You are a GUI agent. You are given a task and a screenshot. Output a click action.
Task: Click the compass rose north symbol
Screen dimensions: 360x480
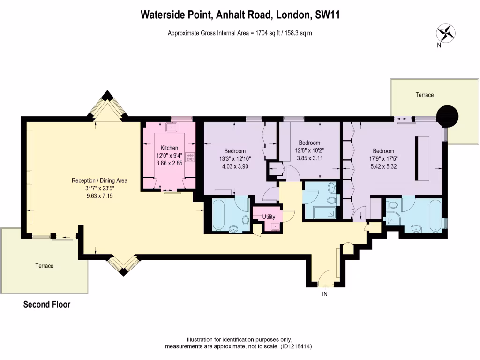pyautogui.click(x=446, y=34)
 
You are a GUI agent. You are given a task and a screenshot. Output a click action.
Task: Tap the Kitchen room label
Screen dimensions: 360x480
pyautogui.click(x=169, y=148)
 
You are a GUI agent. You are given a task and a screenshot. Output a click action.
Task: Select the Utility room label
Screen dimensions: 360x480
pyautogui.click(x=269, y=217)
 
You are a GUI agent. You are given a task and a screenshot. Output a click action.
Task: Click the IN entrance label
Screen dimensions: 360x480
pyautogui.click(x=324, y=294)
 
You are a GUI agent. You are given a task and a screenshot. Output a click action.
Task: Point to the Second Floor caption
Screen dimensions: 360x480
pyautogui.click(x=47, y=305)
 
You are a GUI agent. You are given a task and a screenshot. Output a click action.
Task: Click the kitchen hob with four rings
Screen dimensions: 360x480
pyautogui.click(x=191, y=157)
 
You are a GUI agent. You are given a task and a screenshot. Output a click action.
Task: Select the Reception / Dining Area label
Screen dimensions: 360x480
pyautogui.click(x=99, y=180)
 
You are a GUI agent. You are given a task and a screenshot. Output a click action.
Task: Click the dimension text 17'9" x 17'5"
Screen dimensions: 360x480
pyautogui.click(x=383, y=158)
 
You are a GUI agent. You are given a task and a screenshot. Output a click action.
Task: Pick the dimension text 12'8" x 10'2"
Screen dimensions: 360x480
pyautogui.click(x=309, y=150)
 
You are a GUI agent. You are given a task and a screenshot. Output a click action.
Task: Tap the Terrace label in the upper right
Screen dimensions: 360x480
pyautogui.click(x=424, y=95)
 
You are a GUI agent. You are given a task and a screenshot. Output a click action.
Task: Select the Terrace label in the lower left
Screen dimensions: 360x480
pyautogui.click(x=45, y=266)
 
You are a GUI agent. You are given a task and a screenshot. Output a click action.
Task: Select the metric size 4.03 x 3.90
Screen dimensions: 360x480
pyautogui.click(x=235, y=166)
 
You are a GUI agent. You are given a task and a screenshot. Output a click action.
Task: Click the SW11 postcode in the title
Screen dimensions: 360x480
pyautogui.click(x=327, y=15)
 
